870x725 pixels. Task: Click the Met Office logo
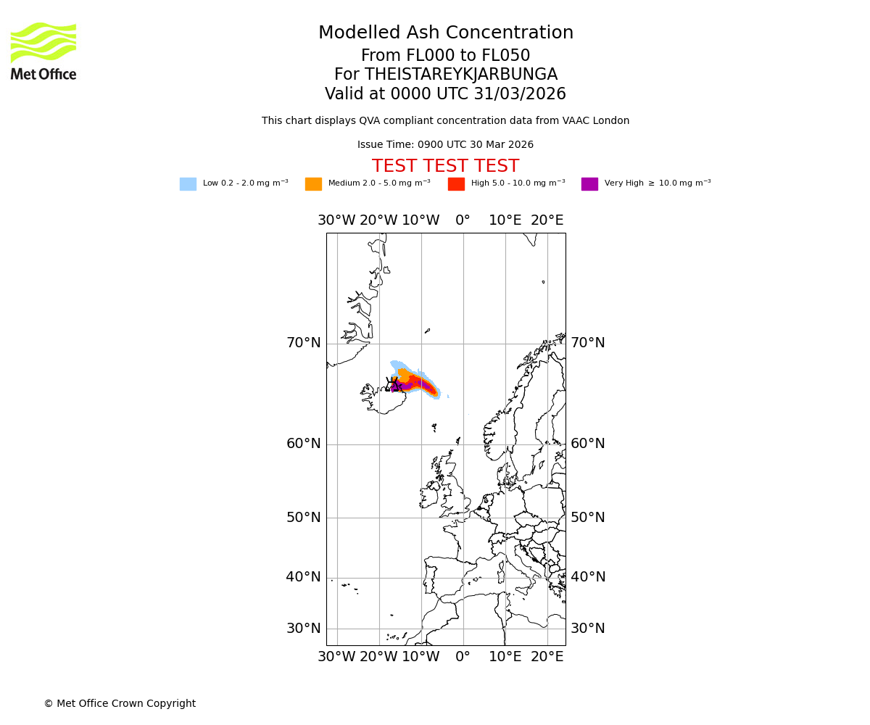tap(43, 51)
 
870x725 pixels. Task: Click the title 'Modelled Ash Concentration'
tap(445, 33)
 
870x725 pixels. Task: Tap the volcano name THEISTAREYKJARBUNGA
tap(460, 75)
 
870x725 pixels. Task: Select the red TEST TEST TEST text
tap(445, 166)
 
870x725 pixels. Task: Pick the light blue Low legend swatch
tap(188, 184)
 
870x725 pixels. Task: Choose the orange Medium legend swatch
tap(313, 184)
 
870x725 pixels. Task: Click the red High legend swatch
tap(456, 184)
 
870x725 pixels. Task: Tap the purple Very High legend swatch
tap(589, 184)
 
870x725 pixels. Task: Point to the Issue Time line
tap(445, 145)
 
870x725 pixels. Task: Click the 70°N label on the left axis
tap(303, 343)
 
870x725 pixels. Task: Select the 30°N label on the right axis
tap(587, 629)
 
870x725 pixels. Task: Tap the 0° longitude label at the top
tap(463, 220)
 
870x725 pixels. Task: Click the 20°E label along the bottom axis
tap(547, 657)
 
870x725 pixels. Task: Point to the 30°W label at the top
tap(336, 220)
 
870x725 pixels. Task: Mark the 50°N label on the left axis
tap(303, 518)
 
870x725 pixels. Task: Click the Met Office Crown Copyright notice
tap(120, 703)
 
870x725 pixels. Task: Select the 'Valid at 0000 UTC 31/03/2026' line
tap(445, 94)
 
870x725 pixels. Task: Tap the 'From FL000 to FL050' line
tap(445, 56)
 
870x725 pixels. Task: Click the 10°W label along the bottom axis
tap(420, 657)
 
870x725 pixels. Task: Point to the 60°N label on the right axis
tap(587, 444)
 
